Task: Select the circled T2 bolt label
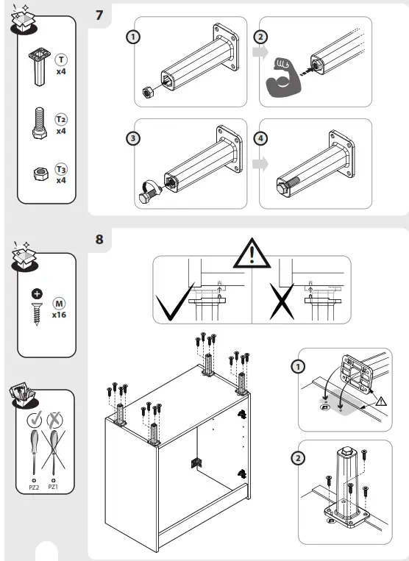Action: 62,118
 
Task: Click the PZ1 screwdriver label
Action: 54,486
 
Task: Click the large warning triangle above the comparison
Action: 252,254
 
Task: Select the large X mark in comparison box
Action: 280,306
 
